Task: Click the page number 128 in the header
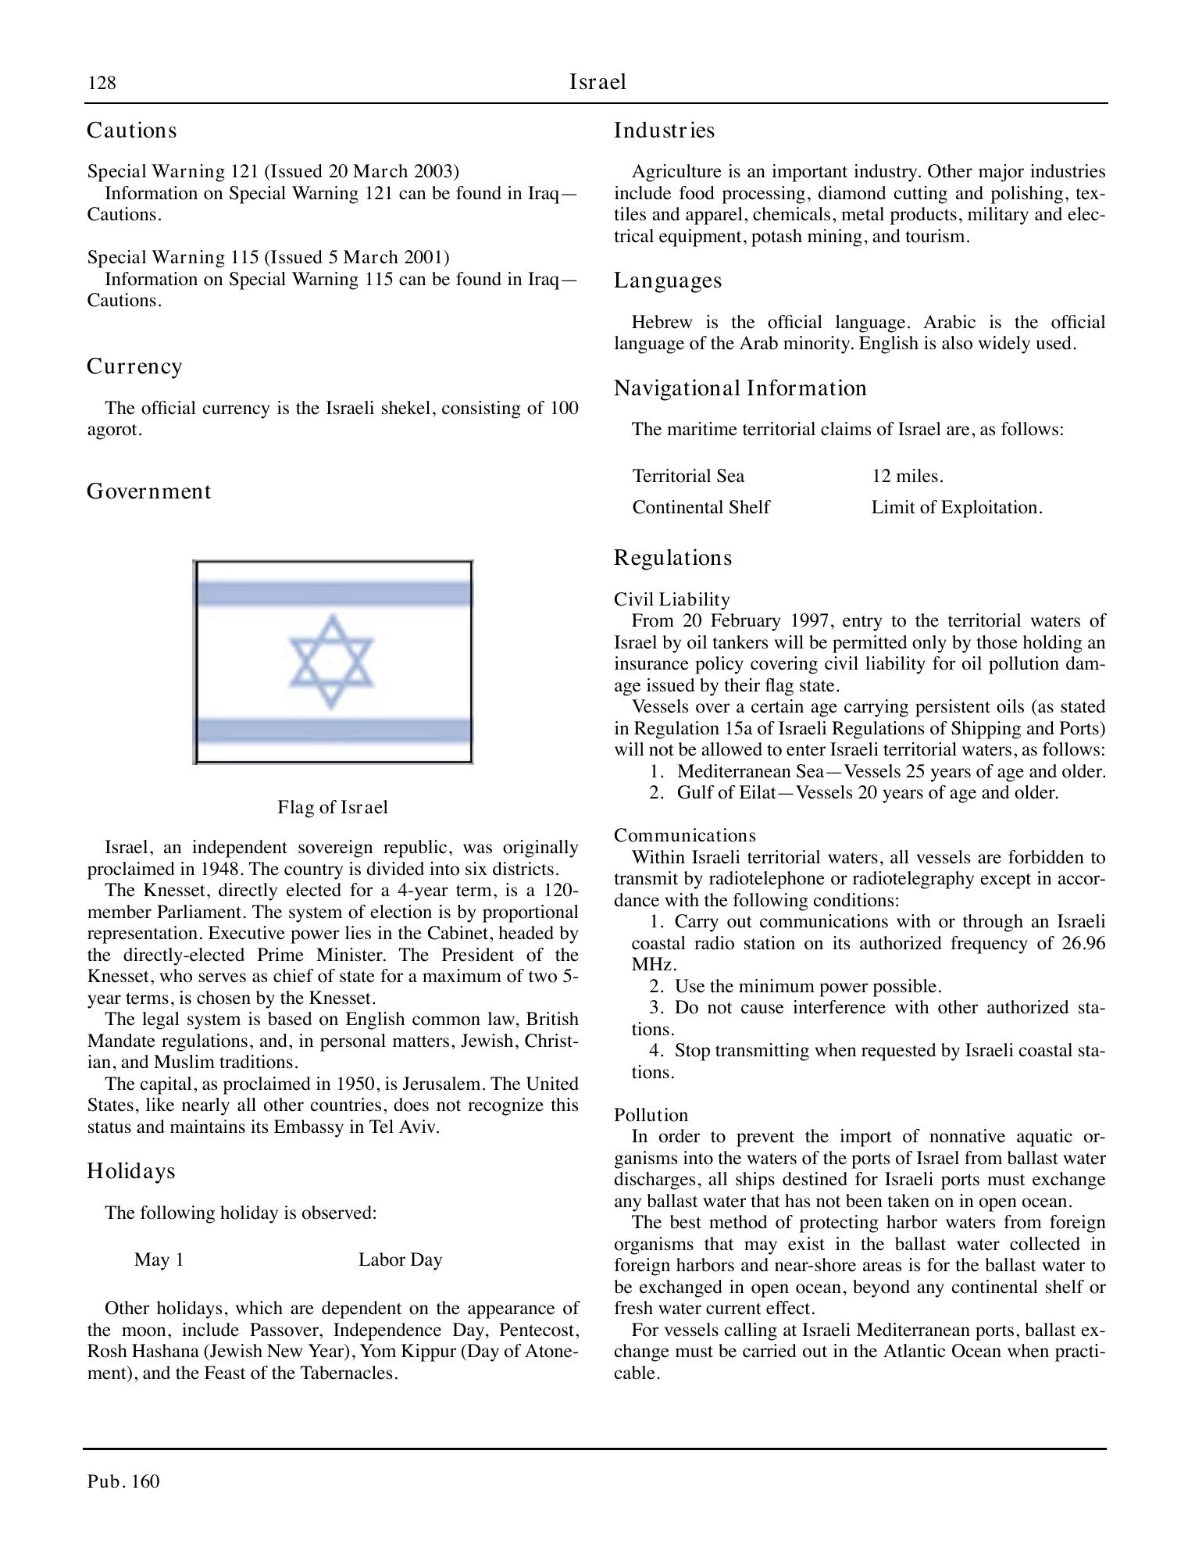coord(102,83)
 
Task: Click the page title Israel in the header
coord(597,82)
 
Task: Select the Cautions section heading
coord(132,130)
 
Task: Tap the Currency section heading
coord(134,366)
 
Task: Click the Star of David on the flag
coord(332,662)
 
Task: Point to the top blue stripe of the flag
coord(333,594)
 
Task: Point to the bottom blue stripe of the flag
coord(333,731)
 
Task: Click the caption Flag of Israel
coord(333,806)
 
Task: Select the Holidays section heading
coord(131,1170)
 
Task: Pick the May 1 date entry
coord(159,1259)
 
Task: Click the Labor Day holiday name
coord(400,1259)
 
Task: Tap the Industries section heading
coord(664,130)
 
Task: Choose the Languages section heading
coord(668,280)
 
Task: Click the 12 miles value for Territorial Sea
coord(908,476)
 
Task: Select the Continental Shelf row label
coord(701,507)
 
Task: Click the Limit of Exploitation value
coord(957,507)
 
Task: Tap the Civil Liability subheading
coord(672,599)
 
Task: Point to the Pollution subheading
coord(651,1115)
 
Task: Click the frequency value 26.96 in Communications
coord(1083,943)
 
